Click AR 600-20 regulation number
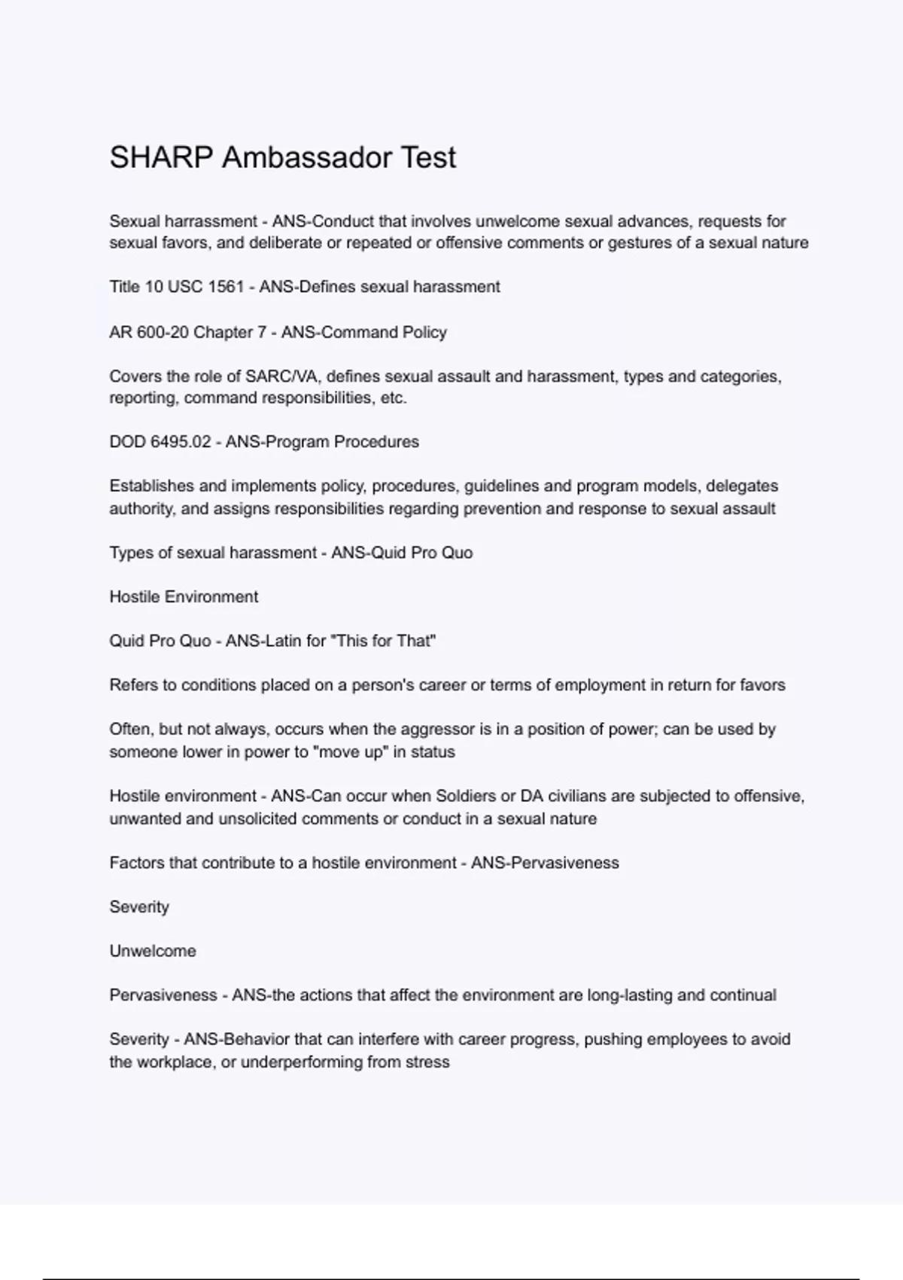coord(149,332)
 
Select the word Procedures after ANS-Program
coord(376,442)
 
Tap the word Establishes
coord(152,486)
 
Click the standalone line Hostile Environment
coord(184,597)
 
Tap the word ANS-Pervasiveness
coord(545,863)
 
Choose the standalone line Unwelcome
coord(153,951)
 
